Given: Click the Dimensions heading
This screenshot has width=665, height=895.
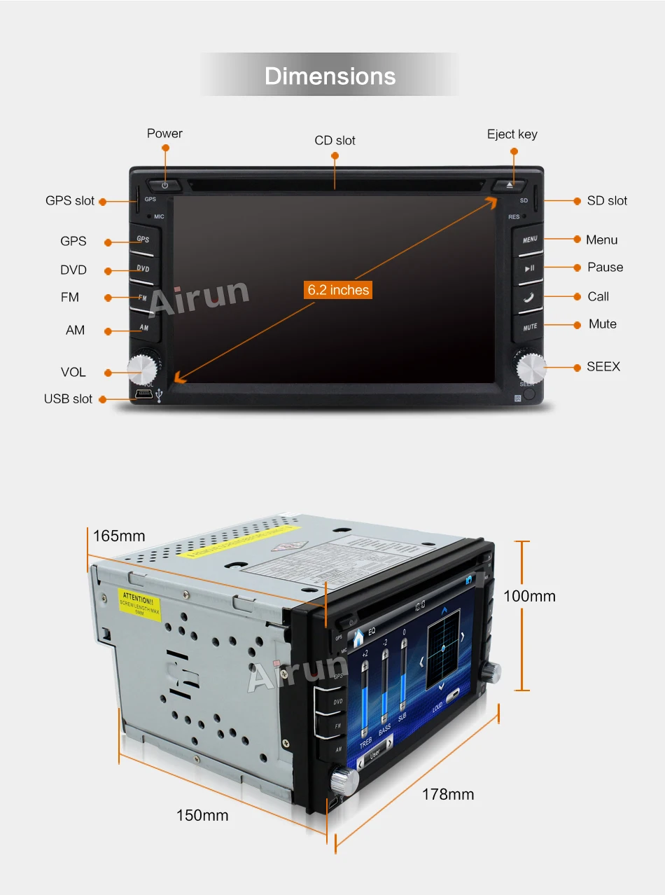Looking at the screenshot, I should pos(330,76).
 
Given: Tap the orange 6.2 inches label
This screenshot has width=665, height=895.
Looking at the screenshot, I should pos(338,289).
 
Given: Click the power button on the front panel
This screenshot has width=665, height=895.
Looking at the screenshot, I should pos(165,185).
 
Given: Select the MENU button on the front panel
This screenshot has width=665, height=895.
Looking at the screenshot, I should pos(529,240).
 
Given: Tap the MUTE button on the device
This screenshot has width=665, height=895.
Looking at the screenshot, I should pos(529,326).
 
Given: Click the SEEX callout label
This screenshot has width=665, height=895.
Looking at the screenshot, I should pos(603,366).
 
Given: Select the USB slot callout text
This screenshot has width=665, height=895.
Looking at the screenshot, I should pos(68,398).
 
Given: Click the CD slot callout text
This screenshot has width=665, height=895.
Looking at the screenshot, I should pos(335,140).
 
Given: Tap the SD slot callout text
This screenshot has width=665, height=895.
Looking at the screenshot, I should pos(607,200).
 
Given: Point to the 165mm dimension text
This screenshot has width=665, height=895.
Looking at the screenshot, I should pos(119,536).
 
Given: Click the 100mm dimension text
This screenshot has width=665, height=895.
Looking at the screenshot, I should pos(529,596).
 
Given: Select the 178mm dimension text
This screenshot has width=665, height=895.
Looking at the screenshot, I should pos(447,794).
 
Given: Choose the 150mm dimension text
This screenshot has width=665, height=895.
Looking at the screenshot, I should pos(202,815).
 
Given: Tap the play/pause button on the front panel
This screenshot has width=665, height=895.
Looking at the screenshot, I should pos(529,268).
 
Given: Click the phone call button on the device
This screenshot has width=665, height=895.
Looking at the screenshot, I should pos(528,297).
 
